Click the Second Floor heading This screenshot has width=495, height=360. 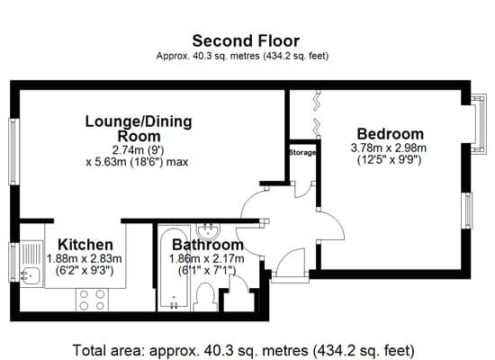pyautogui.click(x=246, y=41)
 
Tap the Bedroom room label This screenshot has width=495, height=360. pyautogui.click(x=391, y=134)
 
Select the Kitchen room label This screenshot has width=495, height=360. pyautogui.click(x=85, y=245)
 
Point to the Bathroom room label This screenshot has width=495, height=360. pyautogui.click(x=208, y=245)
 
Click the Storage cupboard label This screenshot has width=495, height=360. pyautogui.click(x=302, y=153)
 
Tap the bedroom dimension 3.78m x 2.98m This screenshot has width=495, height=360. pyautogui.click(x=389, y=148)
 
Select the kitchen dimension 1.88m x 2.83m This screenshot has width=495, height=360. pyautogui.click(x=85, y=258)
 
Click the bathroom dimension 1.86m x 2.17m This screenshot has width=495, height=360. pyautogui.click(x=207, y=258)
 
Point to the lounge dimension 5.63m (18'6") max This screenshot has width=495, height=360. pyautogui.click(x=138, y=162)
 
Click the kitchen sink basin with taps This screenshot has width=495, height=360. pyautogui.click(x=30, y=275)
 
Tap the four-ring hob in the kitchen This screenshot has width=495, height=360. pyautogui.click(x=92, y=300)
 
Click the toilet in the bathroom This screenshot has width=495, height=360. pyautogui.click(x=205, y=297)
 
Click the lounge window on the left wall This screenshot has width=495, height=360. pyautogui.click(x=13, y=151)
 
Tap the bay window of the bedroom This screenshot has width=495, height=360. pyautogui.click(x=479, y=124)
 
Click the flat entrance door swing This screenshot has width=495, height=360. pyautogui.click(x=288, y=256)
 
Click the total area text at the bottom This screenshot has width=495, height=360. pyautogui.click(x=243, y=350)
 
